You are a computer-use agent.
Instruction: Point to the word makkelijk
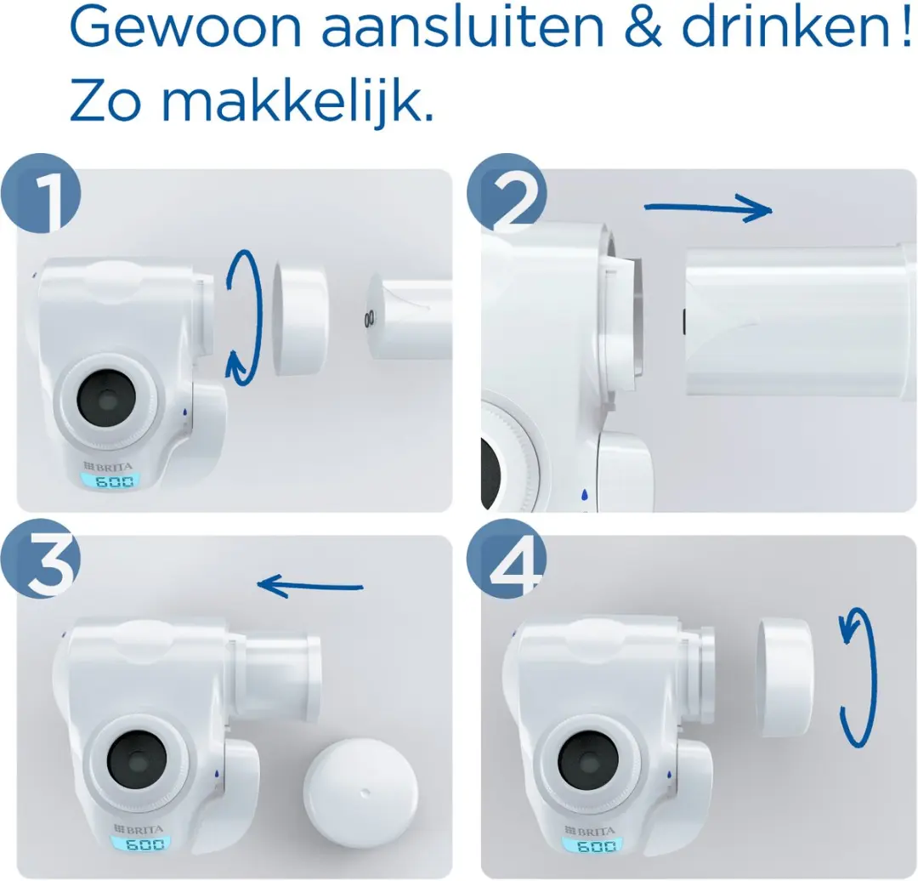(297, 99)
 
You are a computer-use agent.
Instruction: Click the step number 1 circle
(40, 193)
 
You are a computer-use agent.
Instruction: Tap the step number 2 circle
(507, 193)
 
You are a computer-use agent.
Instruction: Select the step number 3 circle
(40, 558)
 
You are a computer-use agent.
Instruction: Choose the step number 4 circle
(507, 558)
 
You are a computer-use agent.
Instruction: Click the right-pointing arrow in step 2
(707, 207)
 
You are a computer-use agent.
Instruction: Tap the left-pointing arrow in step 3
(310, 586)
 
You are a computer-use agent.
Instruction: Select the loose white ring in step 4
(783, 677)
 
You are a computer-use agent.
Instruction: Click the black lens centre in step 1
(106, 398)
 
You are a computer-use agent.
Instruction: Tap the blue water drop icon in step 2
(584, 495)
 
